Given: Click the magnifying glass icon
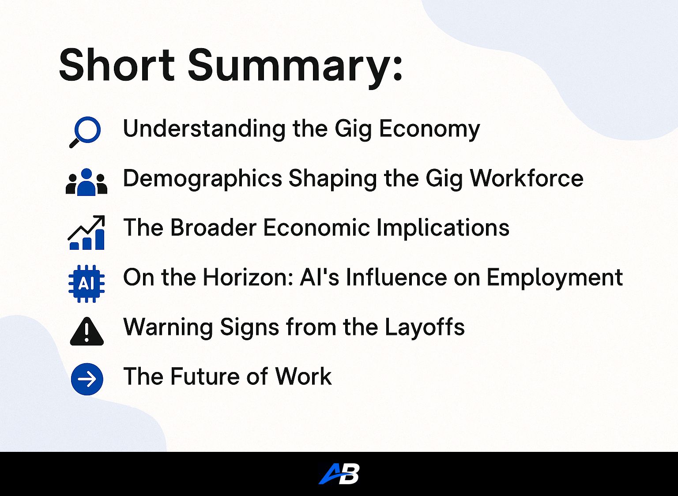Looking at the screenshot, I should point(86,132).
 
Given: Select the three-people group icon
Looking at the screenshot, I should point(87,182).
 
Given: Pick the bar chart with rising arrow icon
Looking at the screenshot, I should point(87,233).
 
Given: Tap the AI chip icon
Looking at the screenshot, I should point(87,283).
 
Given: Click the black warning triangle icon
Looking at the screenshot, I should point(87,332).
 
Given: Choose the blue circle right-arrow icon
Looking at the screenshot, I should point(87,379).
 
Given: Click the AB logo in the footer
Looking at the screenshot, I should point(339,474).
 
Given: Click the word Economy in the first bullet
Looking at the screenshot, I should point(429,129).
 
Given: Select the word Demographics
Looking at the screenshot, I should point(203,179).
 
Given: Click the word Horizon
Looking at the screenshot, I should point(247,278).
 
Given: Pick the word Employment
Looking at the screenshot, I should point(554,278).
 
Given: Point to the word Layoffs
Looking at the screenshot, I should point(424,327).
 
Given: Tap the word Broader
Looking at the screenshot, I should point(213,228).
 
